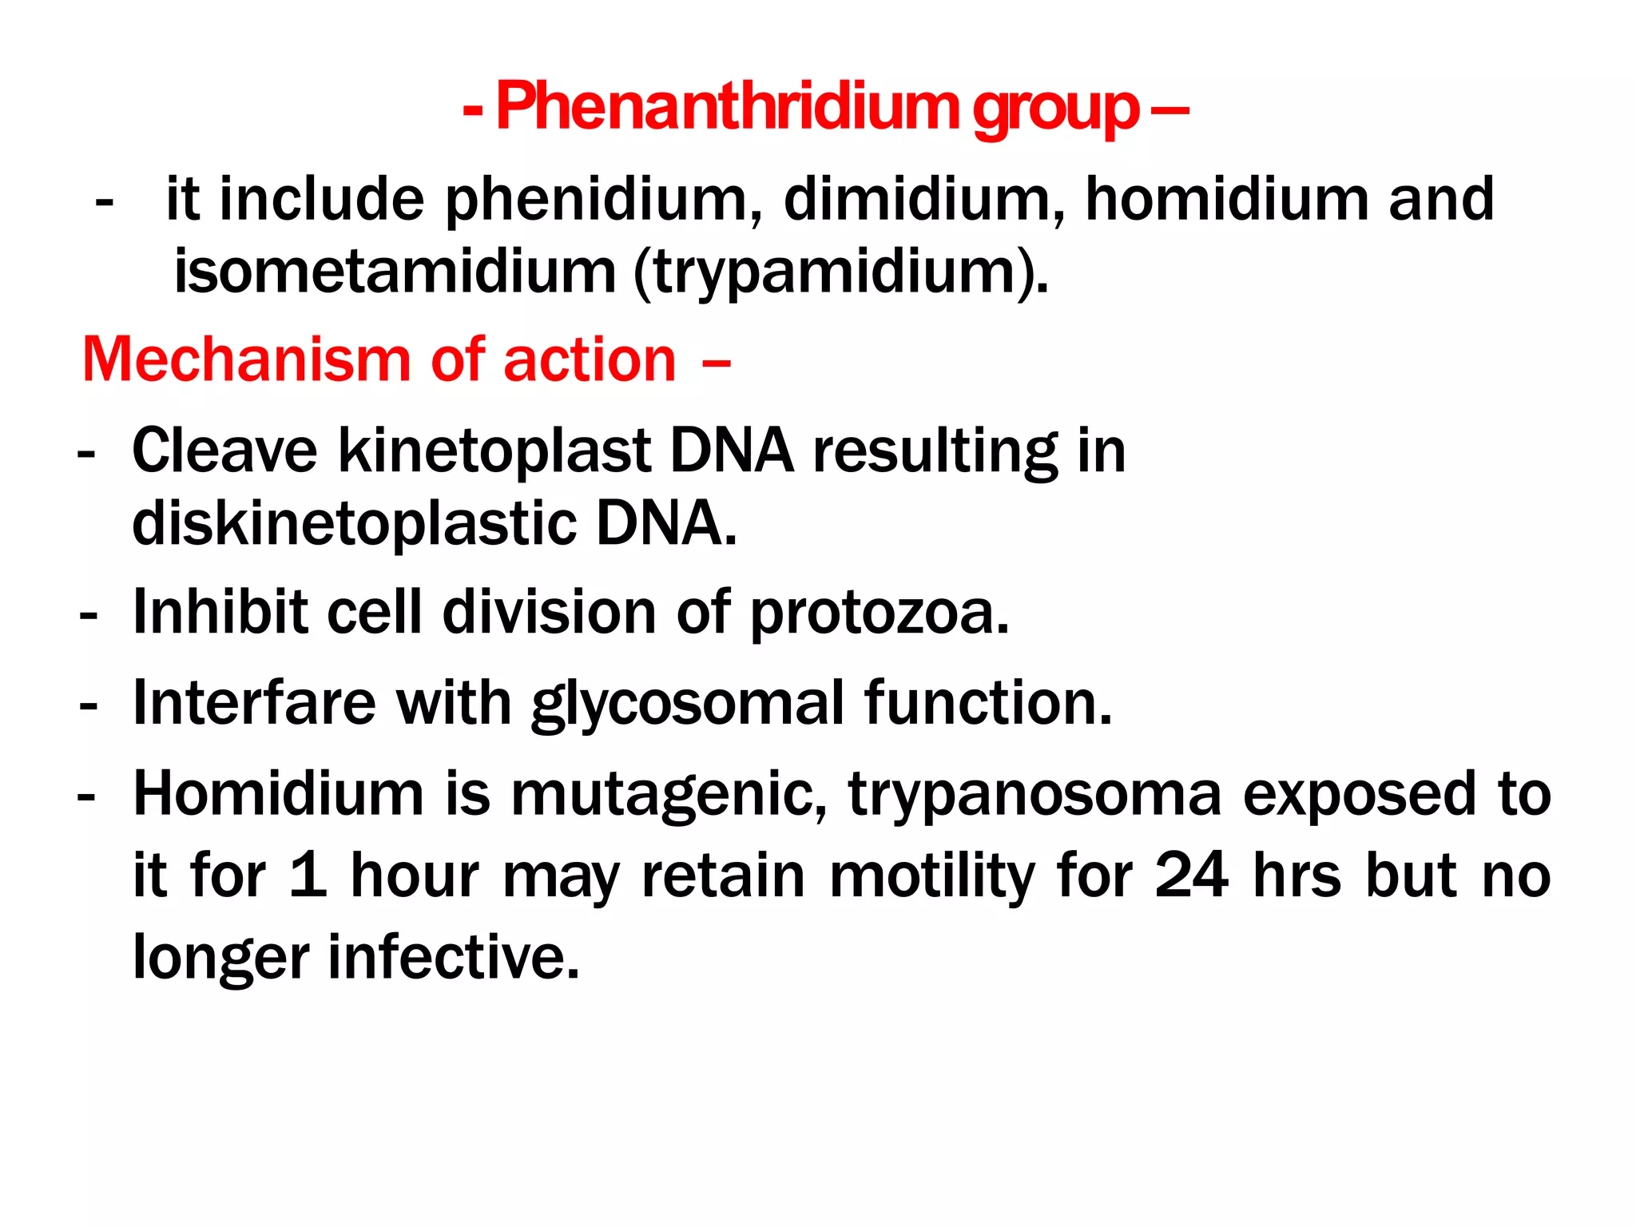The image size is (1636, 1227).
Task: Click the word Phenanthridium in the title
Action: (727, 108)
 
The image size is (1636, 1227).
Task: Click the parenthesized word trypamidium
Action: (839, 273)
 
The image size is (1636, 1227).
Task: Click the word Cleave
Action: (224, 451)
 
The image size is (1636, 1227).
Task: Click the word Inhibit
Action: (220, 613)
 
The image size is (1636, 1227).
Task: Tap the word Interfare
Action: (254, 703)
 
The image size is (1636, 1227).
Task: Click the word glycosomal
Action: (688, 705)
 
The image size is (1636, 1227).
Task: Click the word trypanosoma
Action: (1034, 795)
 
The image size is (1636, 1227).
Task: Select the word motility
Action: (931, 876)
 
